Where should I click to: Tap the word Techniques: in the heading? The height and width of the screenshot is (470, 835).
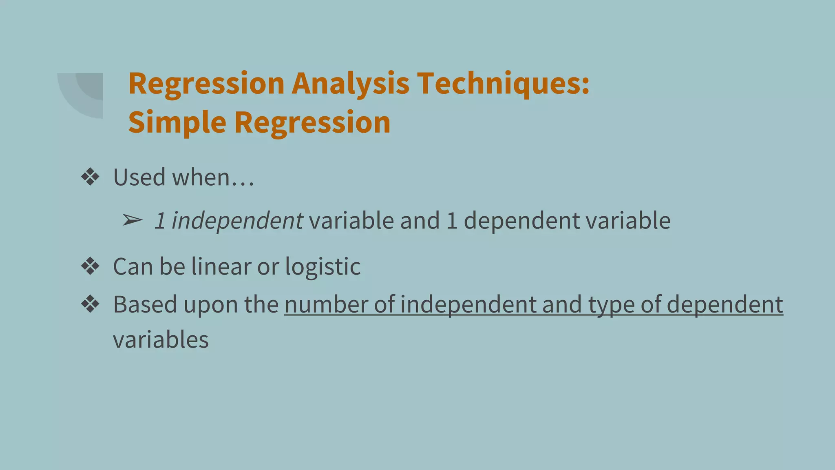[503, 84]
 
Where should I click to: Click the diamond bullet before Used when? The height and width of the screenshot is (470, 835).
[90, 177]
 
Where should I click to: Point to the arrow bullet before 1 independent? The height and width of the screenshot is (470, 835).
[132, 221]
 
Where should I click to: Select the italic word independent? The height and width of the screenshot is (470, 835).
[237, 221]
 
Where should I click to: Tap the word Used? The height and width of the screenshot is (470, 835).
[139, 177]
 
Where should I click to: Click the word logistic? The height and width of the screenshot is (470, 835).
[323, 267]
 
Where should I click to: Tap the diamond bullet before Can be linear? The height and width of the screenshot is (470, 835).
[90, 267]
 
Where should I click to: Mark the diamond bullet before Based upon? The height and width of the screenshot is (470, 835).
[90, 304]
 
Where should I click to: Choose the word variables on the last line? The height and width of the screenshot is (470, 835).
[161, 340]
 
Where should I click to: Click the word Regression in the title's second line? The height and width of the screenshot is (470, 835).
[312, 122]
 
